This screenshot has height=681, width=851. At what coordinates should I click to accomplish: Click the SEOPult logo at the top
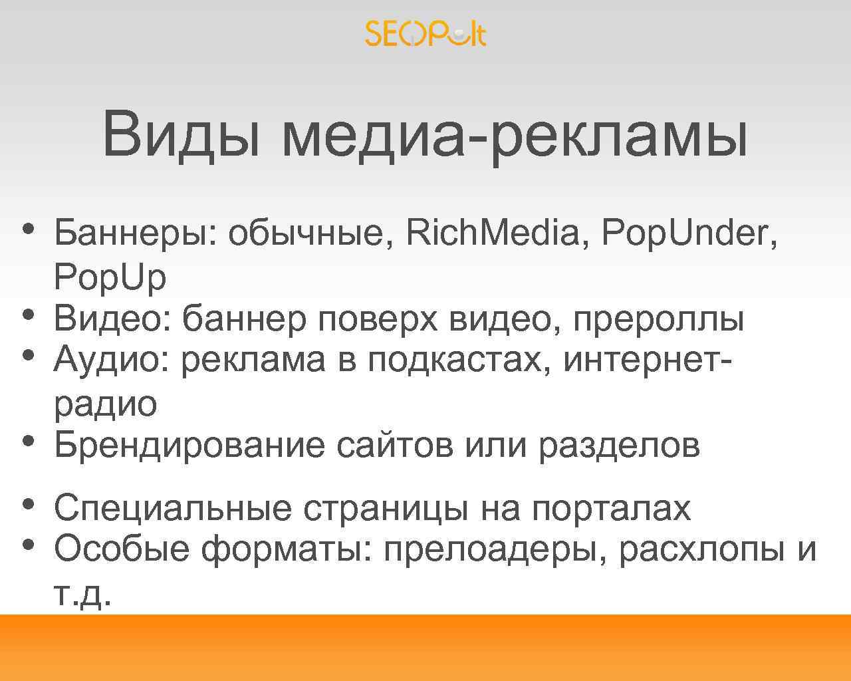pyautogui.click(x=425, y=33)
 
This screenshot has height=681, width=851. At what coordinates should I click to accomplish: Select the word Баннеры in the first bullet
pyautogui.click(x=130, y=233)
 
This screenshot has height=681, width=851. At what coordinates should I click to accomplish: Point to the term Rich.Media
pyautogui.click(x=492, y=233)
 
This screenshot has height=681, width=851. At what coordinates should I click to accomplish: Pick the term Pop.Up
pyautogui.click(x=110, y=277)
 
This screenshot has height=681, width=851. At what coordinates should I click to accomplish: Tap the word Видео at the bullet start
pyautogui.click(x=110, y=319)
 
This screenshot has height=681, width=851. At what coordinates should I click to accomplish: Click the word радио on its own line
pyautogui.click(x=105, y=404)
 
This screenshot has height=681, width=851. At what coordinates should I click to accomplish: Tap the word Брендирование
pyautogui.click(x=189, y=445)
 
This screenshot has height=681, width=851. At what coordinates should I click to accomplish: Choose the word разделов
pyautogui.click(x=619, y=445)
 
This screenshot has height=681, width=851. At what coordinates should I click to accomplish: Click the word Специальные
pyautogui.click(x=172, y=508)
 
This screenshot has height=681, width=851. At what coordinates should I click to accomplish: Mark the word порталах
pyautogui.click(x=611, y=508)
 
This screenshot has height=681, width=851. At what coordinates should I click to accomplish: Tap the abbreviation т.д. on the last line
pyautogui.click(x=80, y=593)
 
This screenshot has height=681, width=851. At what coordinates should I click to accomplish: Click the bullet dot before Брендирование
pyautogui.click(x=27, y=440)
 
